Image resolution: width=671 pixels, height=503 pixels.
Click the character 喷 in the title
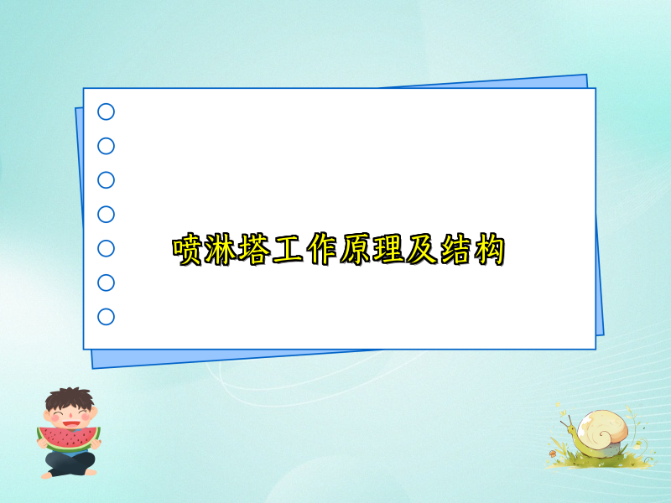187,250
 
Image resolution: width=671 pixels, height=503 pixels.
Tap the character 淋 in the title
221,250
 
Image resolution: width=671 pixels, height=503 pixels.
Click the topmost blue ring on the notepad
106,111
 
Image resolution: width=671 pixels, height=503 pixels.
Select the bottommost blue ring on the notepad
106,317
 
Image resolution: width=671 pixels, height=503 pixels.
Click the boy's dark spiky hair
70,397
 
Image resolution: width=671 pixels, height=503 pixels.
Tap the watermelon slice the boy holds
68,438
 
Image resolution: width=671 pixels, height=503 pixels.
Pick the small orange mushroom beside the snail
553,453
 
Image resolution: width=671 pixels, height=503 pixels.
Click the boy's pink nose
68,417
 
